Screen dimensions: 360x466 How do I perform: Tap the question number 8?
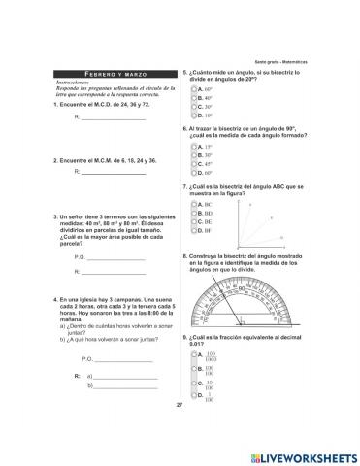(x=183, y=256)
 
